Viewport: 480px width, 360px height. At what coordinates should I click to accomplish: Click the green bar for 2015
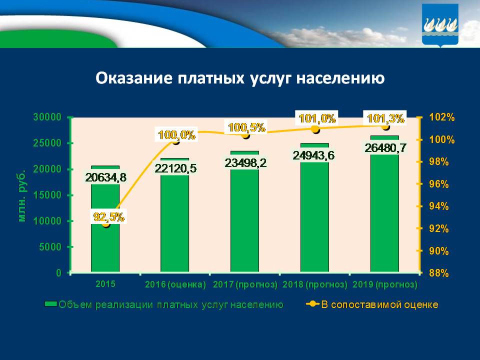tap(105, 235)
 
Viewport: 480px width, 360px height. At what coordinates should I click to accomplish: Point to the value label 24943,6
tap(314, 155)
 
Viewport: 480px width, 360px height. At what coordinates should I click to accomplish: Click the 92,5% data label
tap(109, 217)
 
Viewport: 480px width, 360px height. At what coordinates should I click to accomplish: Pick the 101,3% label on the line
tap(385, 118)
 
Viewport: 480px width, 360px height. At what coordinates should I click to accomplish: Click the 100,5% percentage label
tap(246, 127)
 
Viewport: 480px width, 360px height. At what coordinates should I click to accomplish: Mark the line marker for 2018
tap(315, 129)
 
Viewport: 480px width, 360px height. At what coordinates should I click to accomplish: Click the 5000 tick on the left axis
tap(49, 247)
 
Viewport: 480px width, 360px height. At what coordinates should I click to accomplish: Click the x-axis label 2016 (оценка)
tap(175, 284)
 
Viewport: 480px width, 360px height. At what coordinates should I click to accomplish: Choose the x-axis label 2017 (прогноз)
tap(245, 284)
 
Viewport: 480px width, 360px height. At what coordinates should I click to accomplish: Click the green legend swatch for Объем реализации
tap(50, 304)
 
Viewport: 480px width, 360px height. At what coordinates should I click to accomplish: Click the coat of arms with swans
tap(440, 25)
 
